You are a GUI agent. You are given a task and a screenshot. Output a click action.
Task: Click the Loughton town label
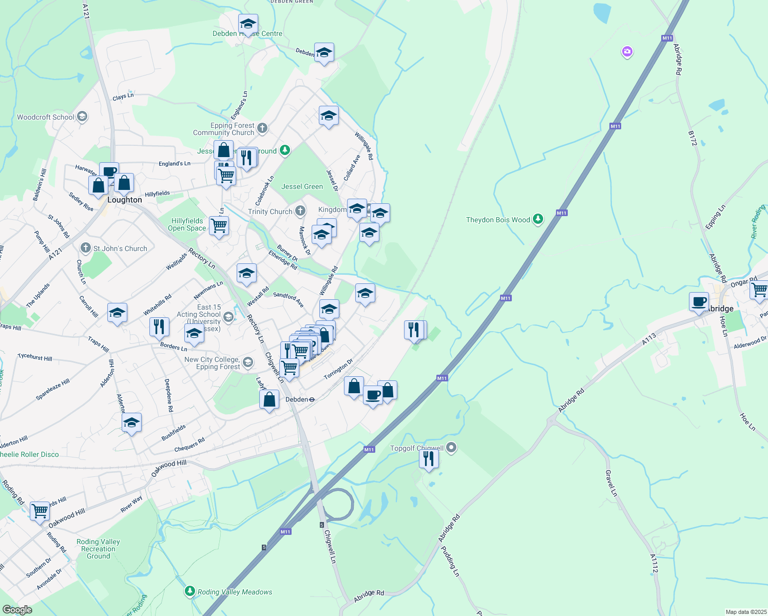click(125, 200)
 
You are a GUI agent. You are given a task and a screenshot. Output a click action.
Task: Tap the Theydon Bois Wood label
click(498, 220)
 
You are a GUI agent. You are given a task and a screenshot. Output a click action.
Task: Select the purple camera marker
click(627, 51)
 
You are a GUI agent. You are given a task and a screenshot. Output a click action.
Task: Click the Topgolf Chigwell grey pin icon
click(451, 448)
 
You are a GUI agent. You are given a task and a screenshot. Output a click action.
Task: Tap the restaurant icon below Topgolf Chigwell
click(429, 458)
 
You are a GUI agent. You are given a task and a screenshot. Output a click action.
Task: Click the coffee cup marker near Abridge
click(699, 301)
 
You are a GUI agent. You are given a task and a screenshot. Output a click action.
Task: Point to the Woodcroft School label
click(46, 117)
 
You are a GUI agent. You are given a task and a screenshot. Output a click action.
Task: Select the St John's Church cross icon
click(86, 248)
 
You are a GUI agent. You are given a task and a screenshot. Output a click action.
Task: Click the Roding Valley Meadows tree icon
click(190, 591)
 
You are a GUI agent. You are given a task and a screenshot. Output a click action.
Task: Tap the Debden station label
click(297, 399)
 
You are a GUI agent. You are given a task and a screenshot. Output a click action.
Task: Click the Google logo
click(17, 610)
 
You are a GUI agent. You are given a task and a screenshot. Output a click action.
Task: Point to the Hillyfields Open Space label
click(187, 224)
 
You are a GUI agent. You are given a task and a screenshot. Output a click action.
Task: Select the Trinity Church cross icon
click(300, 211)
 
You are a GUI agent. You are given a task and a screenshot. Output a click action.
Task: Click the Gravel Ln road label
click(611, 483)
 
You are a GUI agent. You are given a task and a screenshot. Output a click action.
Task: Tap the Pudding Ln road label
click(451, 561)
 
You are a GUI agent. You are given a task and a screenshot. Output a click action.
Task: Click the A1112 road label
click(654, 564)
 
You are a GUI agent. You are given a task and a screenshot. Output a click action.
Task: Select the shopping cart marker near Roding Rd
click(40, 511)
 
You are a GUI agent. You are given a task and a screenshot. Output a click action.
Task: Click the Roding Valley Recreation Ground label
click(98, 549)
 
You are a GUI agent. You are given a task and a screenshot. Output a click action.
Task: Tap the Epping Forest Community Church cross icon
click(262, 128)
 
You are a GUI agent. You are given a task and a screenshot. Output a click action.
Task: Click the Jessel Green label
click(302, 186)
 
